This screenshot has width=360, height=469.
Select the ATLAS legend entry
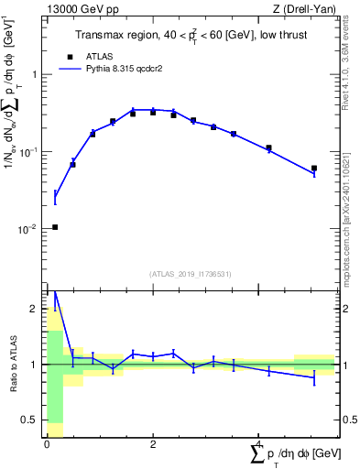pyautogui.click(x=85, y=56)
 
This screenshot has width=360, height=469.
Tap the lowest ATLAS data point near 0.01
pyautogui.click(x=55, y=227)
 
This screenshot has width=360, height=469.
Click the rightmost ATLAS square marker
pyautogui.click(x=313, y=169)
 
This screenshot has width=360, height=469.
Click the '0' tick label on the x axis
pyautogui.click(x=47, y=444)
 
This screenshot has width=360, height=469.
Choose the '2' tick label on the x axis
pyautogui.click(x=153, y=444)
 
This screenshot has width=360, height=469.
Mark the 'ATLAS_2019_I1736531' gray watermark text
pyautogui.click(x=191, y=274)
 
